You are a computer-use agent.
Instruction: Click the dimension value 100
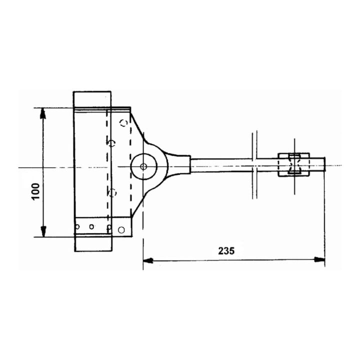36,191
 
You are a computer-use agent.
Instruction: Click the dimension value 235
226,251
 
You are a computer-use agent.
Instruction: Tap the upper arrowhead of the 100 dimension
43,113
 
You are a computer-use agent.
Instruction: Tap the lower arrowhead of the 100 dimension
43,231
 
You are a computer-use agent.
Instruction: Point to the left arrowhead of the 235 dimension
148,260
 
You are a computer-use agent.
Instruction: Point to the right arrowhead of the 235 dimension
319,259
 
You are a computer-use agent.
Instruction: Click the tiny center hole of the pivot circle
143,166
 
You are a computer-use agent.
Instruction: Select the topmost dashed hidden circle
124,122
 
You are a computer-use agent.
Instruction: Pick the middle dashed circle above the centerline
112,143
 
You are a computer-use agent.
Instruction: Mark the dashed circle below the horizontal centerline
112,192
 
